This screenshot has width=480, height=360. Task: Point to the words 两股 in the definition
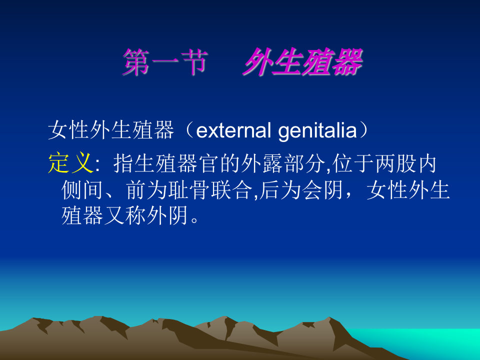tap(396, 163)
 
